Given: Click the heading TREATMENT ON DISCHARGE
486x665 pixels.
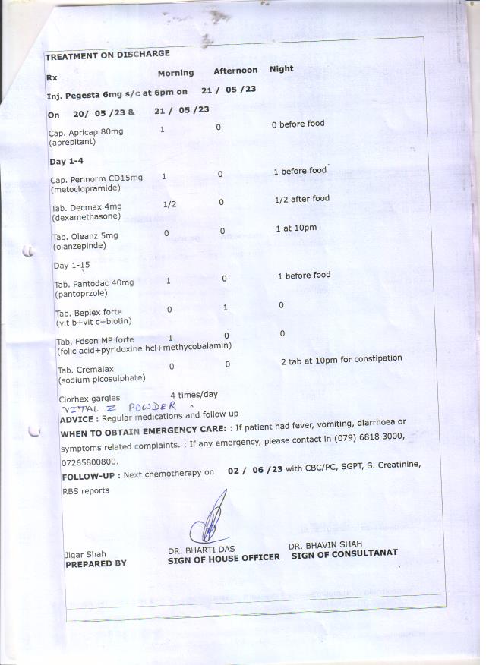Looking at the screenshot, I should [107, 55].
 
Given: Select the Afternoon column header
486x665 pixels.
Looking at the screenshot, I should [235, 71].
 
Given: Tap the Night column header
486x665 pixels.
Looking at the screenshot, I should [281, 69].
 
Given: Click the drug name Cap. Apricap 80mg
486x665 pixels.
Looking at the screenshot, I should [86, 132].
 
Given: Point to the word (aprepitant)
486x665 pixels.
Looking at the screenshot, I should [75, 142].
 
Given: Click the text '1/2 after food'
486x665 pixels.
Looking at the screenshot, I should [302, 199].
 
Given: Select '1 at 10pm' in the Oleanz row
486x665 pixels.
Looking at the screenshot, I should [296, 228].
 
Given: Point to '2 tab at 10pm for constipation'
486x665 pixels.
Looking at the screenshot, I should [341, 360].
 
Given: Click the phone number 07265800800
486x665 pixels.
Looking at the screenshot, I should [90, 462].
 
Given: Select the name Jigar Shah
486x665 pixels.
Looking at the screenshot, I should [85, 554].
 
